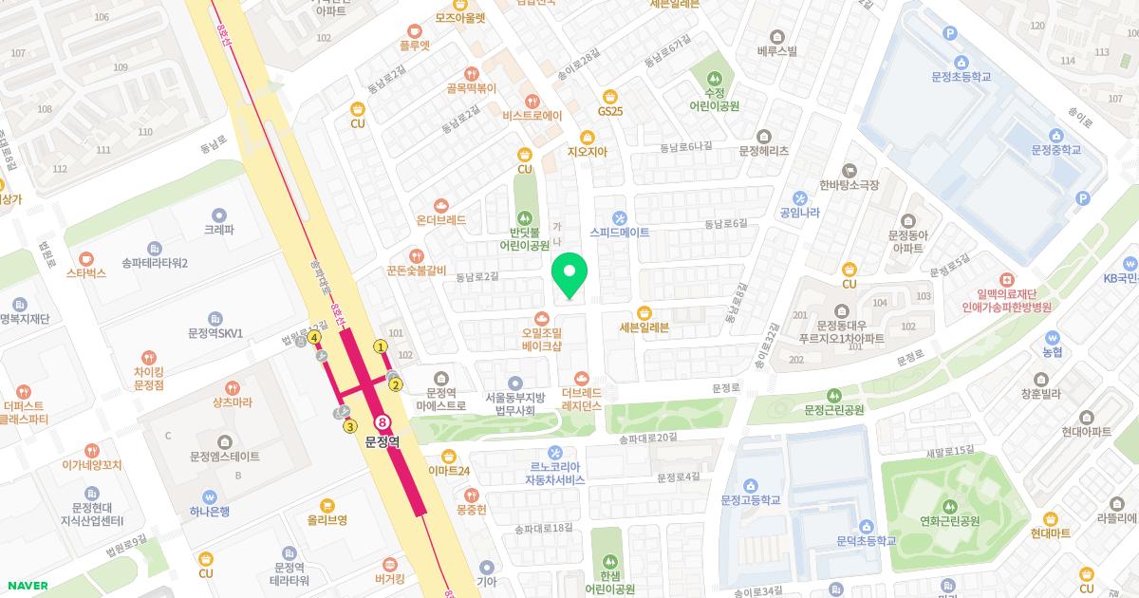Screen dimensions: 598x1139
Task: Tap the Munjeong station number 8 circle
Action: [383, 421]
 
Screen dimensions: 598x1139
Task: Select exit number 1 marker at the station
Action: [381, 346]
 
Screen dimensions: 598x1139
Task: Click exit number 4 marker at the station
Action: [313, 337]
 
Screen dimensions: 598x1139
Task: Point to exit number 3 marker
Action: [349, 426]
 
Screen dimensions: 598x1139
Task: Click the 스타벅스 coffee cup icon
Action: [86, 257]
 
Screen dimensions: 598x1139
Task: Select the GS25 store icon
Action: [609, 95]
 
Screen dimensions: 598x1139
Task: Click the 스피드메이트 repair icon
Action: [620, 216]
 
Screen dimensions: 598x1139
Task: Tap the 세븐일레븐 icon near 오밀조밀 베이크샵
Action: [644, 312]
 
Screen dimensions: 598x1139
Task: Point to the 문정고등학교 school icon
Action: [750, 484]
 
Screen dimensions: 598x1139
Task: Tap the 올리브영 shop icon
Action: [327, 504]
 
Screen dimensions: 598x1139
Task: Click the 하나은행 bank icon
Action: [209, 495]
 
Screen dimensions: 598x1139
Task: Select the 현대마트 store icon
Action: [1050, 518]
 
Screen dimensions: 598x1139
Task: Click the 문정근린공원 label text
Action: [834, 410]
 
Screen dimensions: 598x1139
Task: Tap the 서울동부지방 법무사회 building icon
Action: [515, 382]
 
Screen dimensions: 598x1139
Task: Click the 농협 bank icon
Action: [1052, 337]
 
